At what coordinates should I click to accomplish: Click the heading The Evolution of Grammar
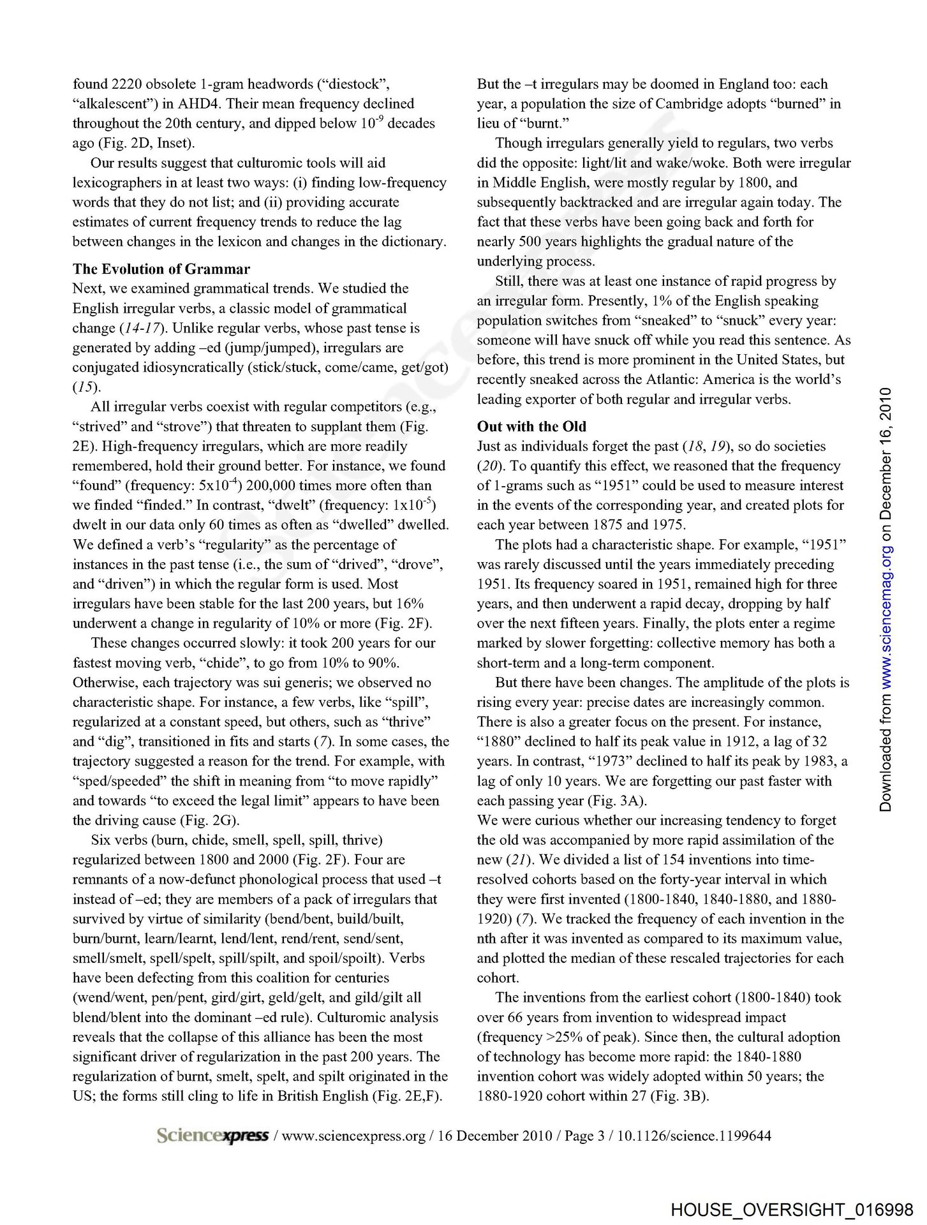[x=161, y=269]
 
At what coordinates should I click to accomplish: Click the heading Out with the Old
[x=531, y=426]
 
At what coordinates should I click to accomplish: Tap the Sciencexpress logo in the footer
[x=212, y=1136]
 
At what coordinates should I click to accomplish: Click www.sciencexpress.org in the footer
[x=353, y=1136]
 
